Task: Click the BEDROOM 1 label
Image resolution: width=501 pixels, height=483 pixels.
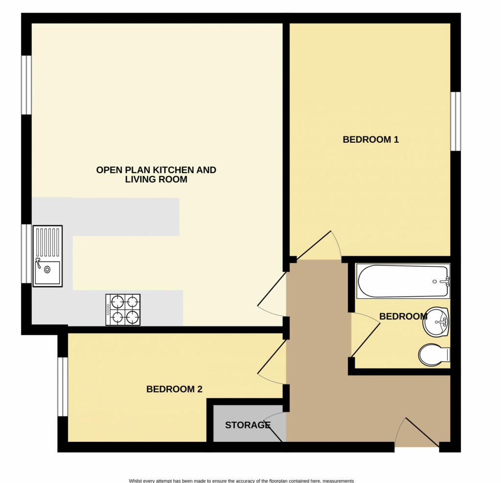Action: coord(370,140)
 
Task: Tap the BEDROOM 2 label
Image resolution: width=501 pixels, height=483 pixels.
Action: coord(174,389)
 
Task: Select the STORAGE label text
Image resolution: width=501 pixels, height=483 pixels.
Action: coord(248,425)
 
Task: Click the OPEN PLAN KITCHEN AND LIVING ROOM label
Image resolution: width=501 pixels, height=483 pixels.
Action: coord(156,175)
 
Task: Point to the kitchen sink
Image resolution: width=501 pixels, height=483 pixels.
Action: coord(47,256)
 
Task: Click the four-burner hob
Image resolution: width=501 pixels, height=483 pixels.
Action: coord(123,309)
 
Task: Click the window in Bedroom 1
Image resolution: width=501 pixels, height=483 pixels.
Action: coord(455,121)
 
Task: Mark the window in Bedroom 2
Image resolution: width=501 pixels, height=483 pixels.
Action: coord(62,387)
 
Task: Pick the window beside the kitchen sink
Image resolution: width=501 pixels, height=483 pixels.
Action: coord(26,253)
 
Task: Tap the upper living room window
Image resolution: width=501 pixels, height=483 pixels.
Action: coord(26,85)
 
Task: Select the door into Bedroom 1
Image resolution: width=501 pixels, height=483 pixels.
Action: coord(318,245)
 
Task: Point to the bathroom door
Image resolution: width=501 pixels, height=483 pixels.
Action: coord(365,335)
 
